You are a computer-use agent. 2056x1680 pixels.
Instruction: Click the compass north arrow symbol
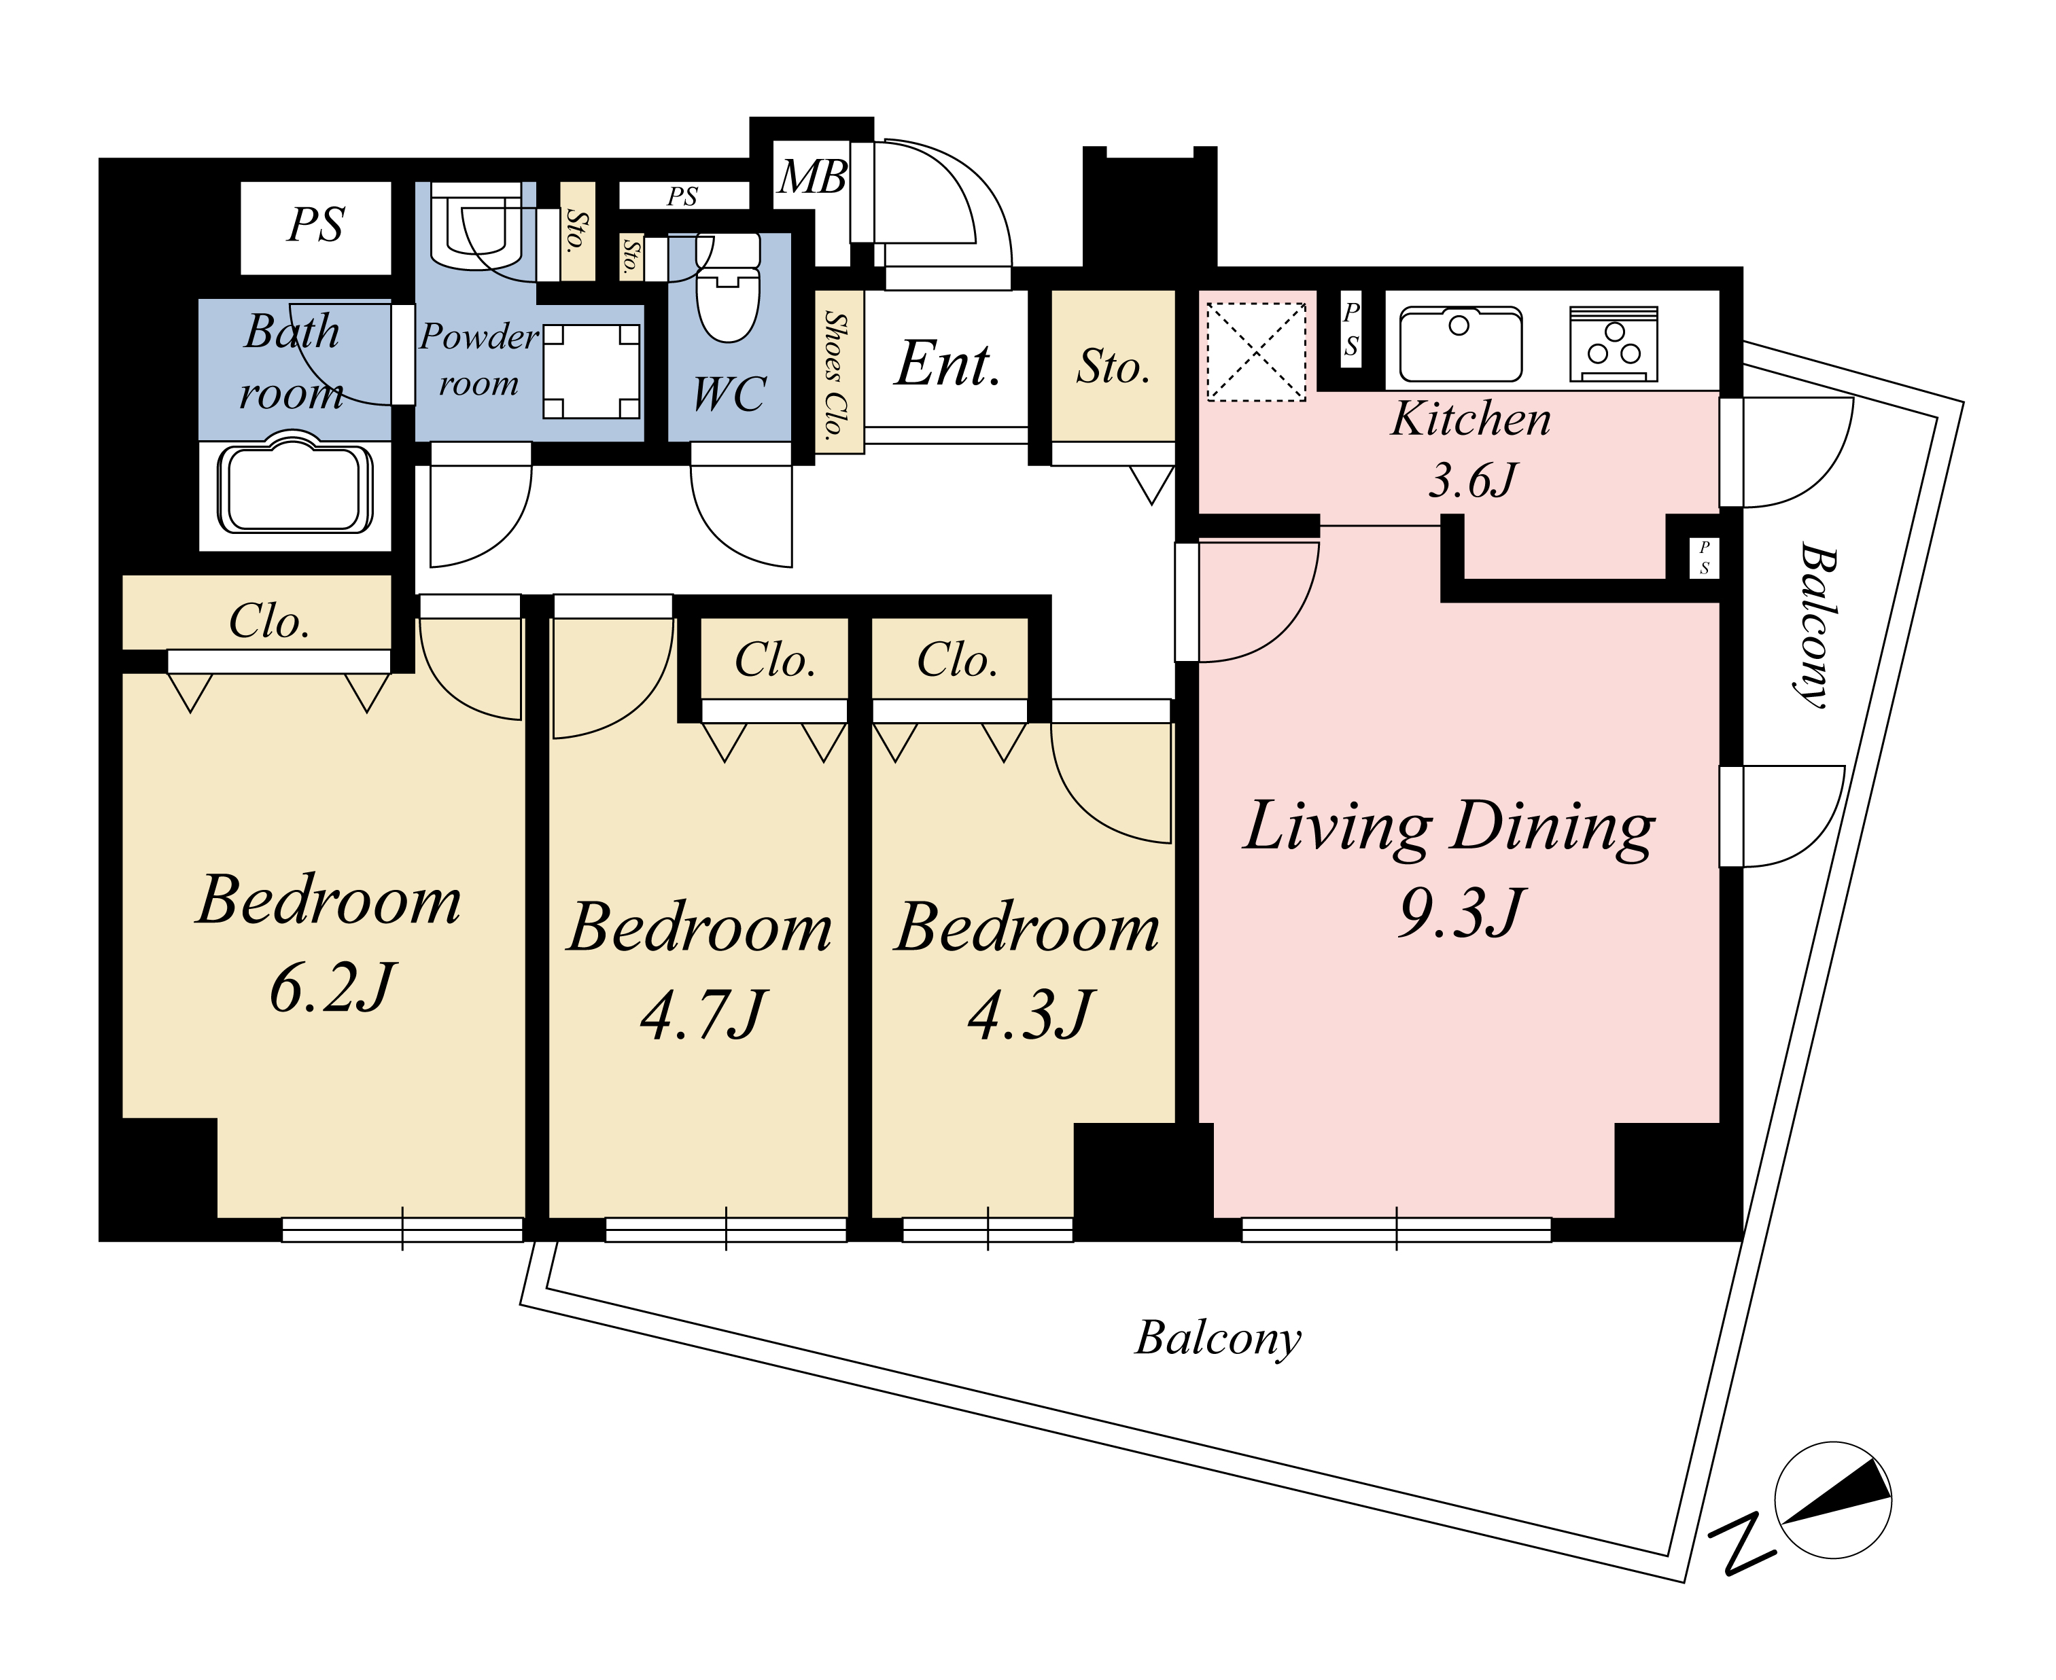(1832, 1501)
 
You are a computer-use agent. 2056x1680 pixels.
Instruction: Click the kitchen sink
(1461, 344)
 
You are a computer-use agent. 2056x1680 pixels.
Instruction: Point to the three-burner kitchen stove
(1614, 344)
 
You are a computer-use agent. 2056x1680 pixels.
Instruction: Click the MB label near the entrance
(813, 177)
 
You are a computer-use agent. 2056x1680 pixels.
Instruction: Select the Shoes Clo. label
(837, 374)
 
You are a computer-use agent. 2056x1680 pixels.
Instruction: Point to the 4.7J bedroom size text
(703, 1015)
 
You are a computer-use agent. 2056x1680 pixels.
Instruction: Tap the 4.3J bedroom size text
(1030, 1015)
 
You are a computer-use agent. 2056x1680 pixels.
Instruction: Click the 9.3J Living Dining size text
(1461, 912)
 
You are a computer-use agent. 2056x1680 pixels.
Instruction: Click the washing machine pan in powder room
(591, 371)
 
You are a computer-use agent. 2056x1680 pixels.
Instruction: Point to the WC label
(730, 395)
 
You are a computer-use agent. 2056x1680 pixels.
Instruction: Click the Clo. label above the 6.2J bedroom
(269, 622)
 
